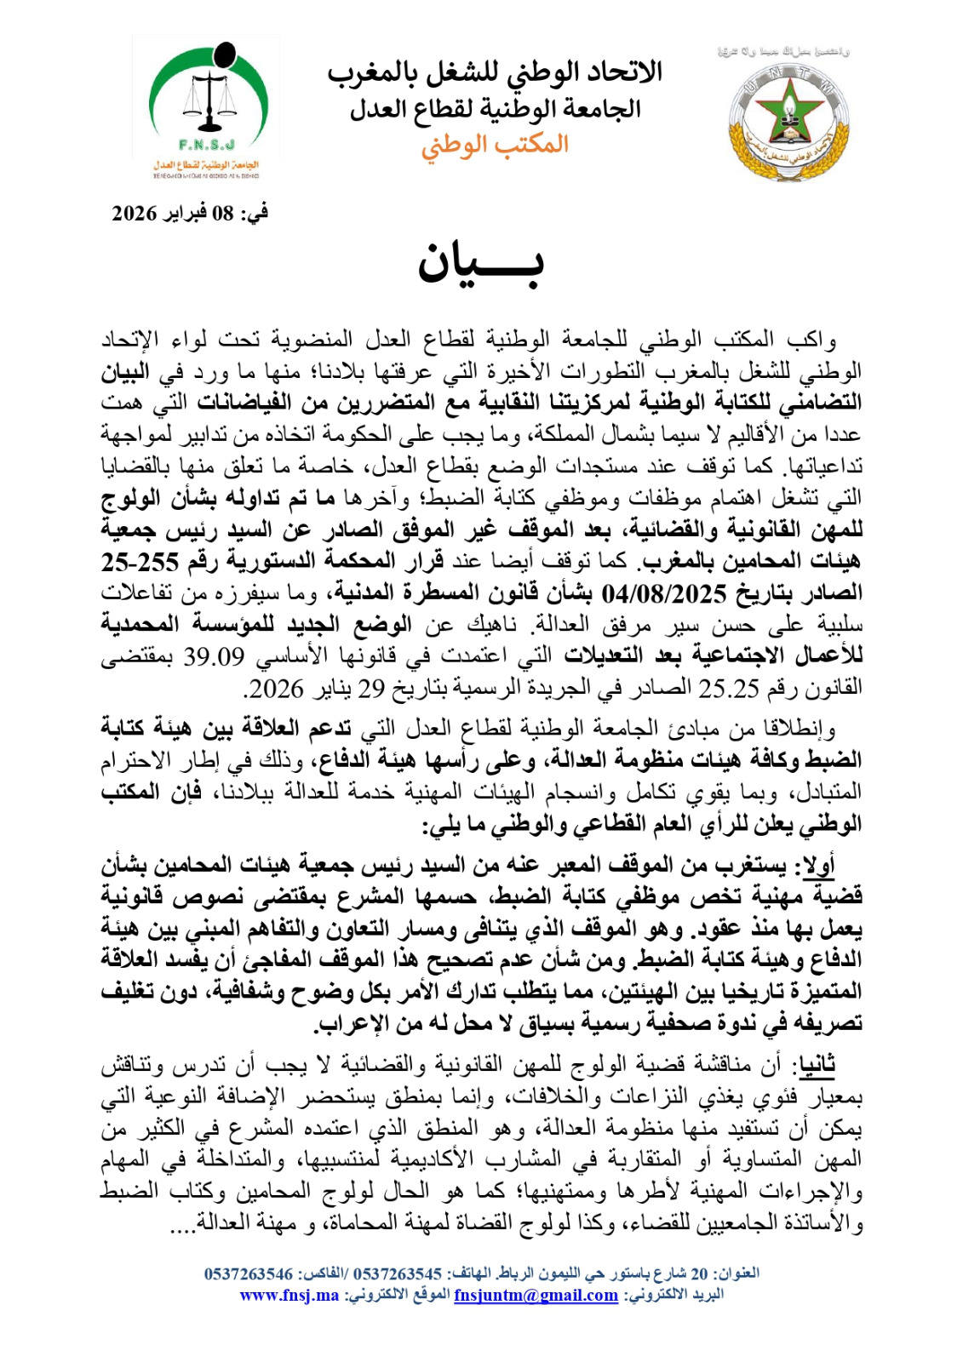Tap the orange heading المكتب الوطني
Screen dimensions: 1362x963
point(495,144)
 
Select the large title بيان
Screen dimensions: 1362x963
point(481,264)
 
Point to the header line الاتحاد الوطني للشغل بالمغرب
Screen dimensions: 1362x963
point(495,73)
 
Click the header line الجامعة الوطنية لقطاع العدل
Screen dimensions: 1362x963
point(495,108)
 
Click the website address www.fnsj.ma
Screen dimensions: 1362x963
point(289,1295)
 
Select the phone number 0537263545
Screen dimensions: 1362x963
point(397,1274)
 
